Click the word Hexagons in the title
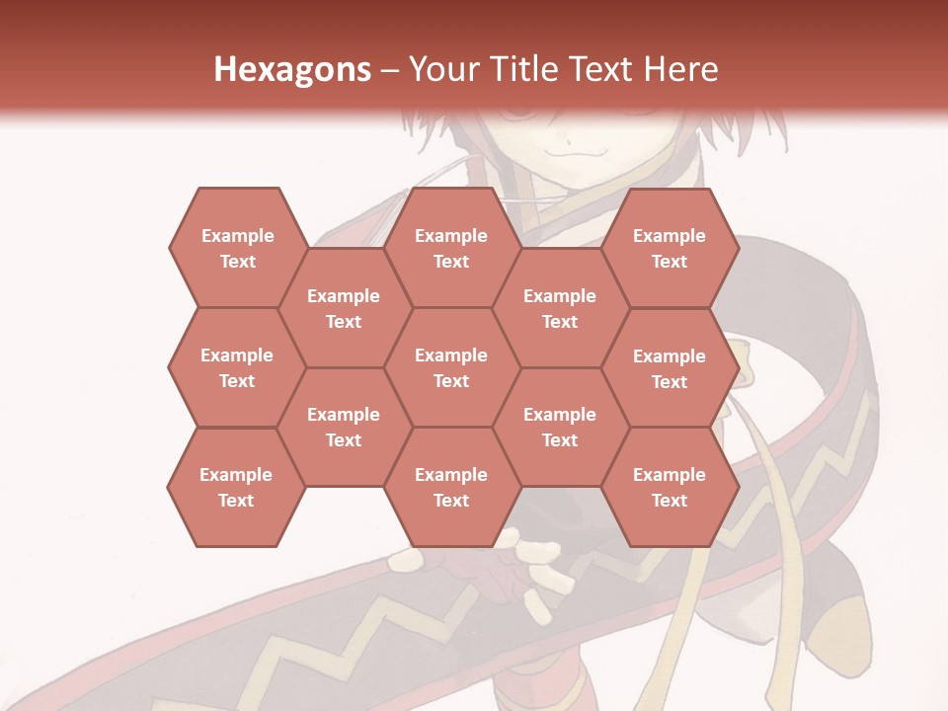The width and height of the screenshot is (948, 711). tap(292, 69)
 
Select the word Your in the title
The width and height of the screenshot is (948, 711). tap(441, 69)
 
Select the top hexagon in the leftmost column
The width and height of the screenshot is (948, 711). tap(237, 248)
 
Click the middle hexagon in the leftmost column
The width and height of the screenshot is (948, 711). tap(237, 367)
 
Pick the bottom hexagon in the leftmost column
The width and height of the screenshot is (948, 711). tap(236, 487)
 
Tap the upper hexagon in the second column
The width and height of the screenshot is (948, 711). tap(344, 308)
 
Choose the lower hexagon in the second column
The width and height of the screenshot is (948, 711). tap(344, 427)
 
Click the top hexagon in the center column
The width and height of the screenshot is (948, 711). tap(451, 248)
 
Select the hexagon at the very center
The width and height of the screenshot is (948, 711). tap(451, 367)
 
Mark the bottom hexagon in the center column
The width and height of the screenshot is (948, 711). tap(451, 487)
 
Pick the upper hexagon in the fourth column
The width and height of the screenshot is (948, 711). tap(560, 308)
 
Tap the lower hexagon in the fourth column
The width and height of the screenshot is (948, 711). tap(560, 427)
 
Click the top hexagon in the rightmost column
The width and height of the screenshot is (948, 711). tap(670, 248)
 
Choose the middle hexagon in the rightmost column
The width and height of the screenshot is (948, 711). tap(670, 368)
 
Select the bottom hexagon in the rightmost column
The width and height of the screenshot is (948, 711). tap(670, 487)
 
